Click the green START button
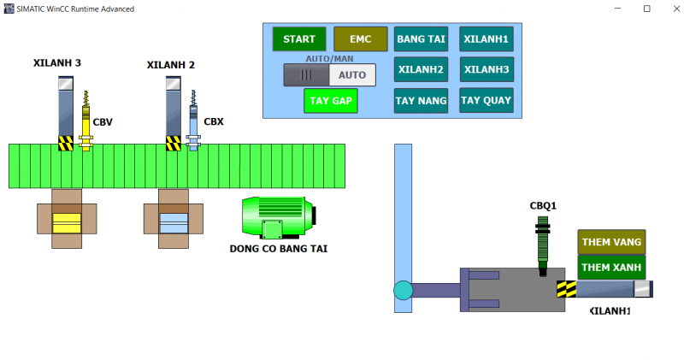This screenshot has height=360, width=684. point(299,39)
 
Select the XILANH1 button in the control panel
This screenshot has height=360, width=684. point(486,39)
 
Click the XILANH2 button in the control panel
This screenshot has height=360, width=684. point(421,69)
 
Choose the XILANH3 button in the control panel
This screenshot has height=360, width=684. point(486,69)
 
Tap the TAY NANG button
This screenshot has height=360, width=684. point(421,100)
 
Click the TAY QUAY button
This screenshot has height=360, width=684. point(486,100)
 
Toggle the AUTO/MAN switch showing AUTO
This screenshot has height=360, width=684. point(330,75)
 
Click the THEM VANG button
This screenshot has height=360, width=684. point(611,242)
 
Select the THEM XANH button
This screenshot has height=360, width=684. point(611,267)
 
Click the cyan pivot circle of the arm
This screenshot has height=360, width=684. point(403,291)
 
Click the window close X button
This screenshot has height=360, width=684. point(670,9)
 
